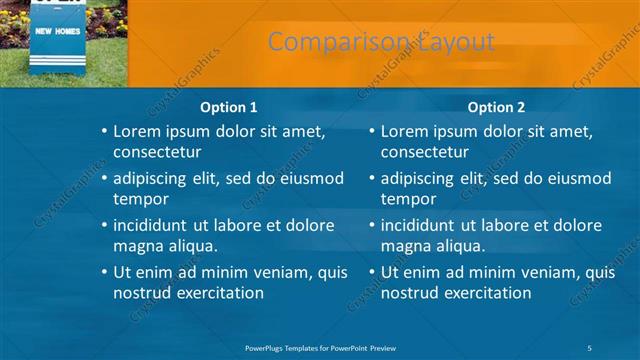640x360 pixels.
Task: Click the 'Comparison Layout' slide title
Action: tap(381, 42)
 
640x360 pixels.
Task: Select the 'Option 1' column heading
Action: tap(228, 107)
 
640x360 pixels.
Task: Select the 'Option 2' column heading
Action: tap(496, 107)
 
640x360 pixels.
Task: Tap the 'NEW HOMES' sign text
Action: tap(57, 32)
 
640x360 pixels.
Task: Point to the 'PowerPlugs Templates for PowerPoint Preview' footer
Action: tap(320, 346)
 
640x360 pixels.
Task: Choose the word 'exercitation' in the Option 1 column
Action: tap(218, 293)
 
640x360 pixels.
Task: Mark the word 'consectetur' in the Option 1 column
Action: tap(158, 152)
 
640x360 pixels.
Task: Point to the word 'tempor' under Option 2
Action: tap(408, 199)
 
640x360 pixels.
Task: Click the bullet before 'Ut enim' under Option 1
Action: tap(103, 272)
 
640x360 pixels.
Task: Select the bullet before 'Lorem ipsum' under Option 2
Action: tap(370, 131)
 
